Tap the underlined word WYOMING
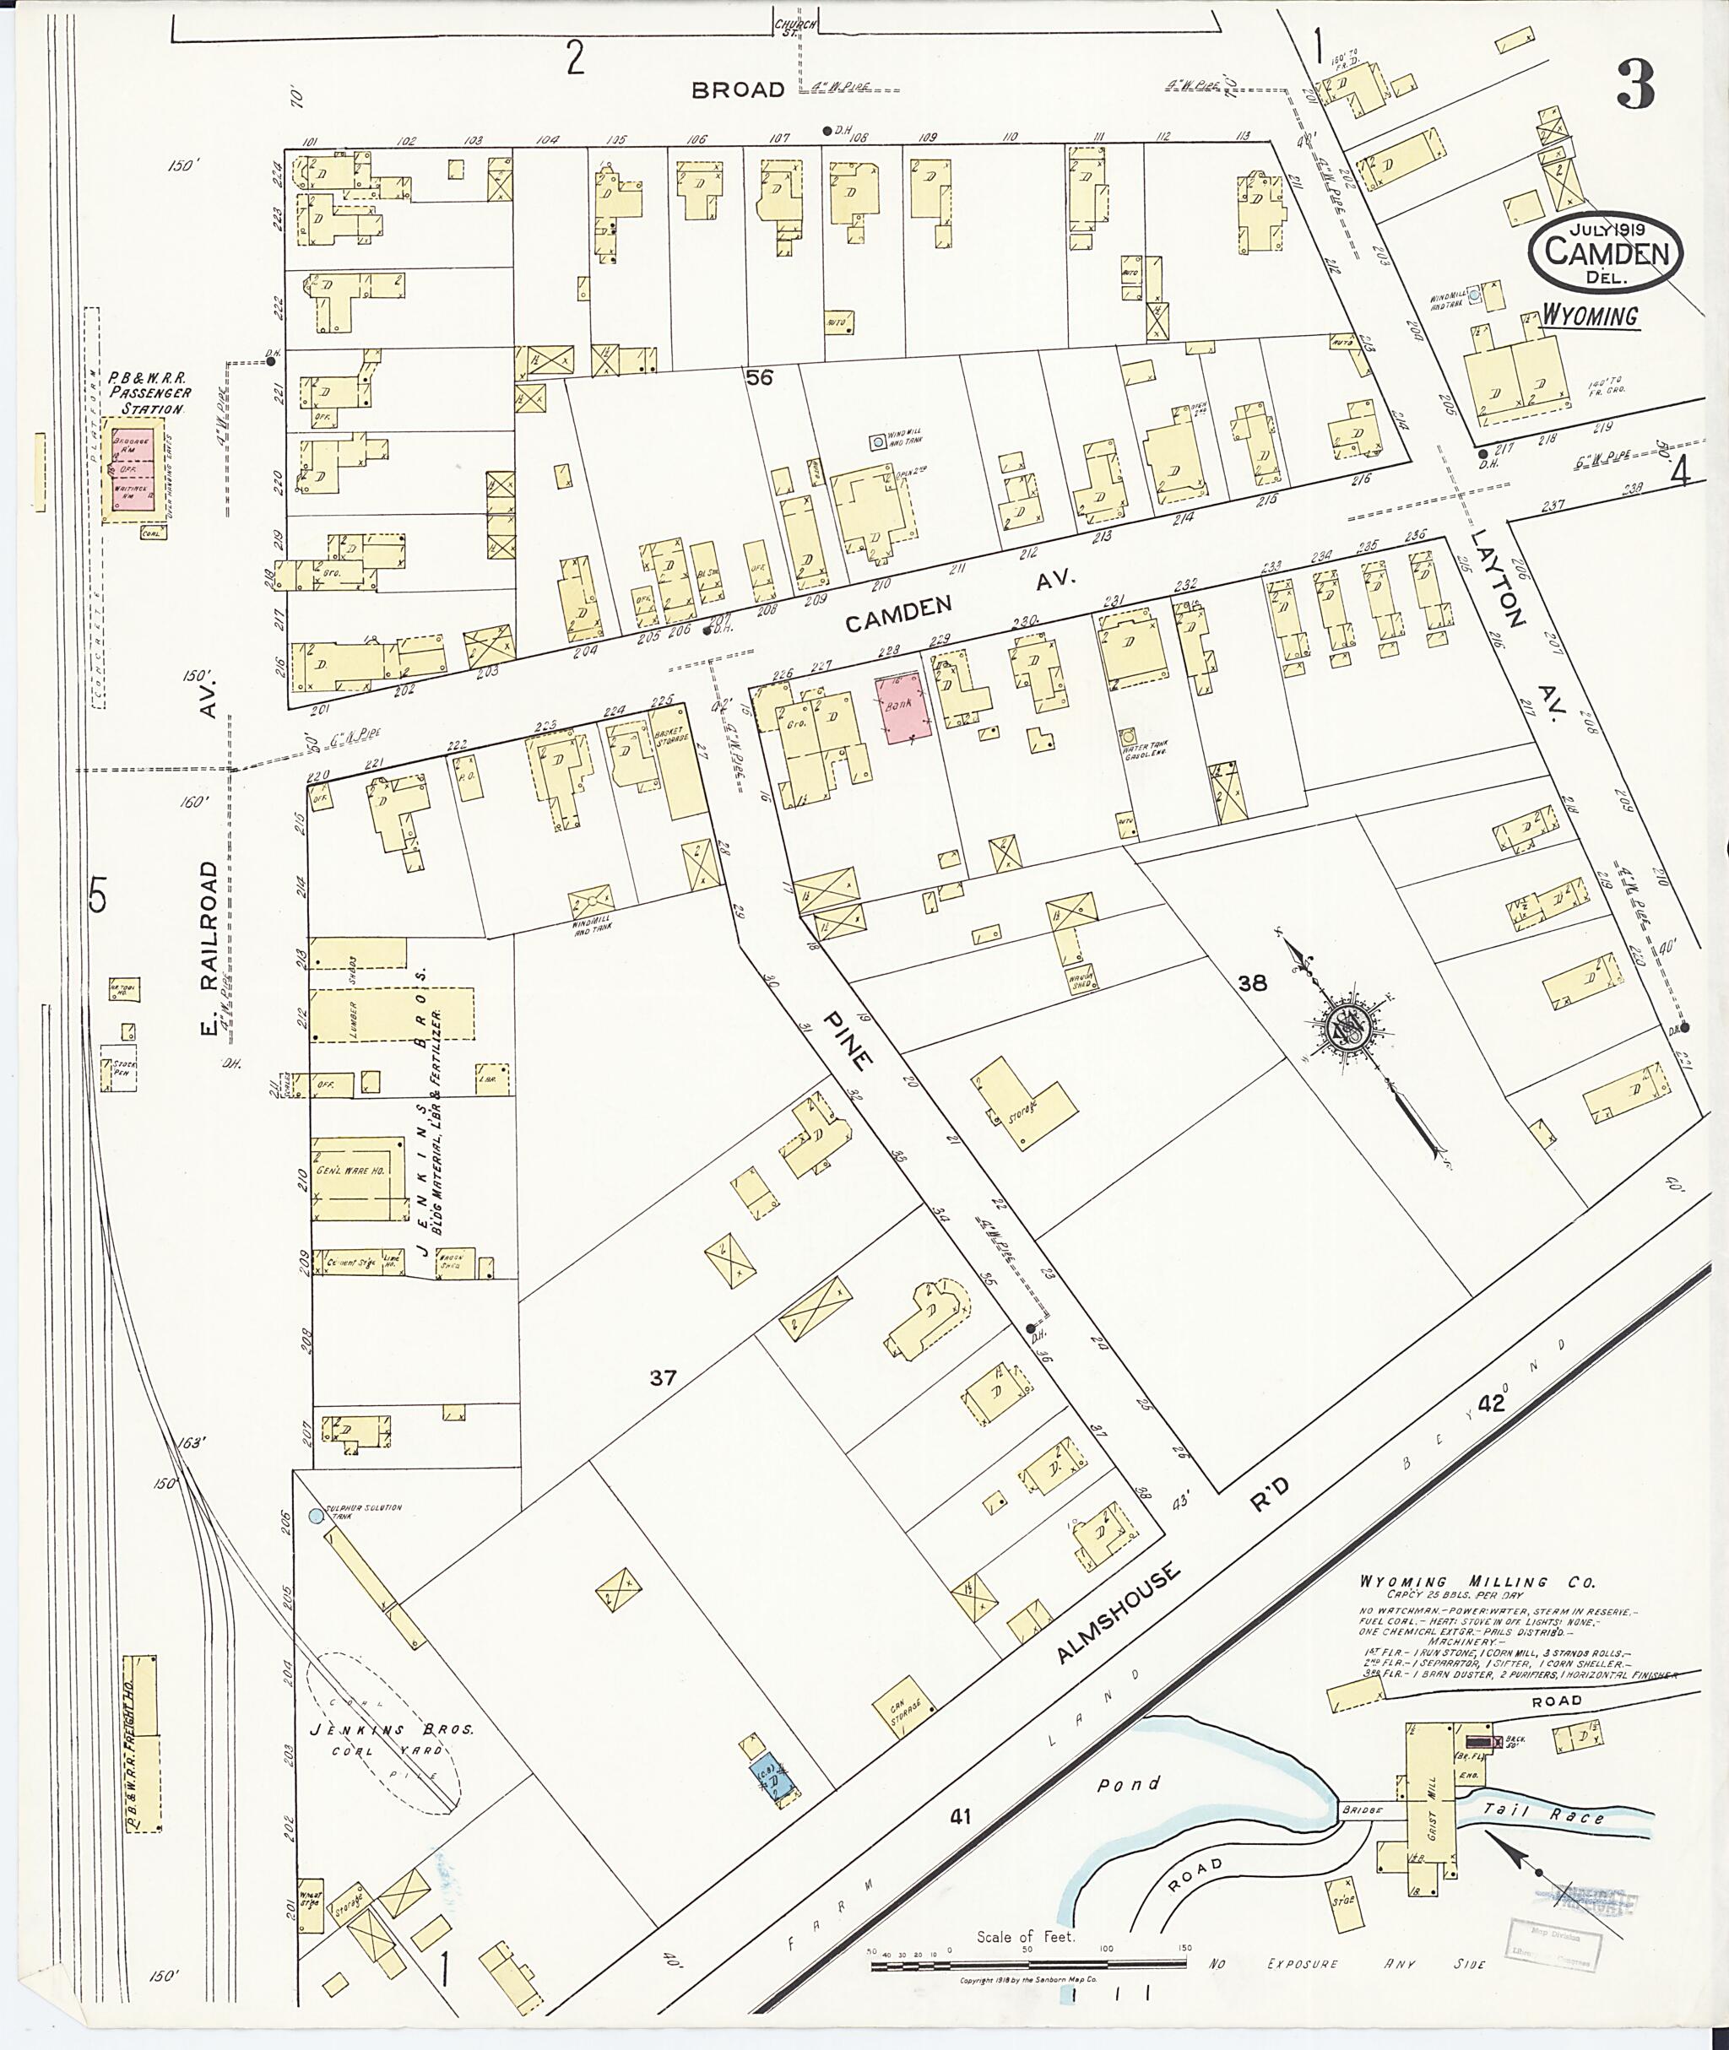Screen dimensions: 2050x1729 [x=1590, y=316]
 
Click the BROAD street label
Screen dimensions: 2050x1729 [x=737, y=90]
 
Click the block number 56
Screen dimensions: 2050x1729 [x=760, y=377]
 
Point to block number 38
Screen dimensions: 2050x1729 [x=1252, y=983]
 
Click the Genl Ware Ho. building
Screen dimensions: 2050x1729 [x=358, y=1178]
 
